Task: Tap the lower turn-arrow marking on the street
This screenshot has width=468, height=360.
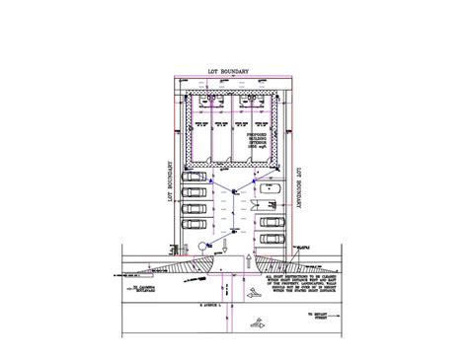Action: (x=258, y=322)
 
